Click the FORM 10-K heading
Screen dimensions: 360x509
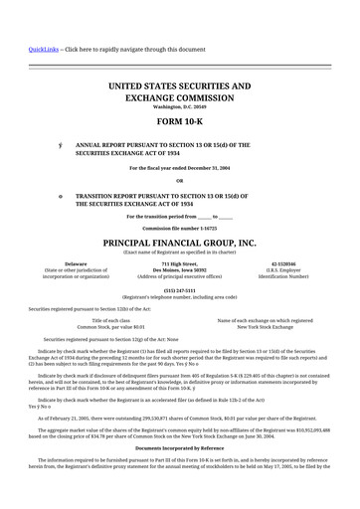click(x=179, y=124)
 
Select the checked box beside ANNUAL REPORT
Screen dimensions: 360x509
click(x=61, y=145)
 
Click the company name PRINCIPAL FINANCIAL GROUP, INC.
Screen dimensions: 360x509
click(x=179, y=243)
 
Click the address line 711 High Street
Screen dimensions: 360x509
click(x=179, y=263)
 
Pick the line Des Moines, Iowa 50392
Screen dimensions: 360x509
click(x=179, y=269)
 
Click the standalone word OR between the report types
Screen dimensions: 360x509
click(x=179, y=181)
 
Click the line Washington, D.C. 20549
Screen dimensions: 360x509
click(x=179, y=106)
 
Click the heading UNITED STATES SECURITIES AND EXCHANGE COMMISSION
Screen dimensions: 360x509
click(x=179, y=92)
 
